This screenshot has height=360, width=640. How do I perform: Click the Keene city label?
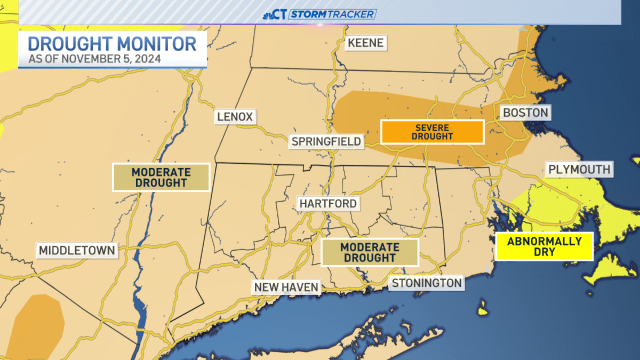coord(365,43)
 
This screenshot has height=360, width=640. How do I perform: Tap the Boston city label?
coord(525,113)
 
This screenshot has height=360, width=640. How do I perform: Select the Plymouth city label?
coord(579,170)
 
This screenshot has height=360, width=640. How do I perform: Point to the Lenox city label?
coord(235,116)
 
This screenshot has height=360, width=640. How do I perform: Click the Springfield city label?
coord(326,141)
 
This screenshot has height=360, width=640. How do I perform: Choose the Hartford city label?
coord(327,203)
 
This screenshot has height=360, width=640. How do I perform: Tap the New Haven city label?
coord(286,287)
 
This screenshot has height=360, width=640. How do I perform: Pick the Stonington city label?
coord(426,283)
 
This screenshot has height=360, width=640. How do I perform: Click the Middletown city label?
coord(77,250)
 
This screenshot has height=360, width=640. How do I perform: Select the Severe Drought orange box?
coord(432,132)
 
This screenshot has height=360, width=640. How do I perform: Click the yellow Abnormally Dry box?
coord(544,246)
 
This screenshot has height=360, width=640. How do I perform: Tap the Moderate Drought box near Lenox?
coord(161,177)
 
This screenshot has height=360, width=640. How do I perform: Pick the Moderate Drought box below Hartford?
coord(370,252)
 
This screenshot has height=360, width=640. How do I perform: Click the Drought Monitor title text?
coord(112,44)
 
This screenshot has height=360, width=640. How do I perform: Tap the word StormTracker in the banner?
coord(332,14)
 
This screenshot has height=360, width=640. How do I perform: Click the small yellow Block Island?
coord(483,308)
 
